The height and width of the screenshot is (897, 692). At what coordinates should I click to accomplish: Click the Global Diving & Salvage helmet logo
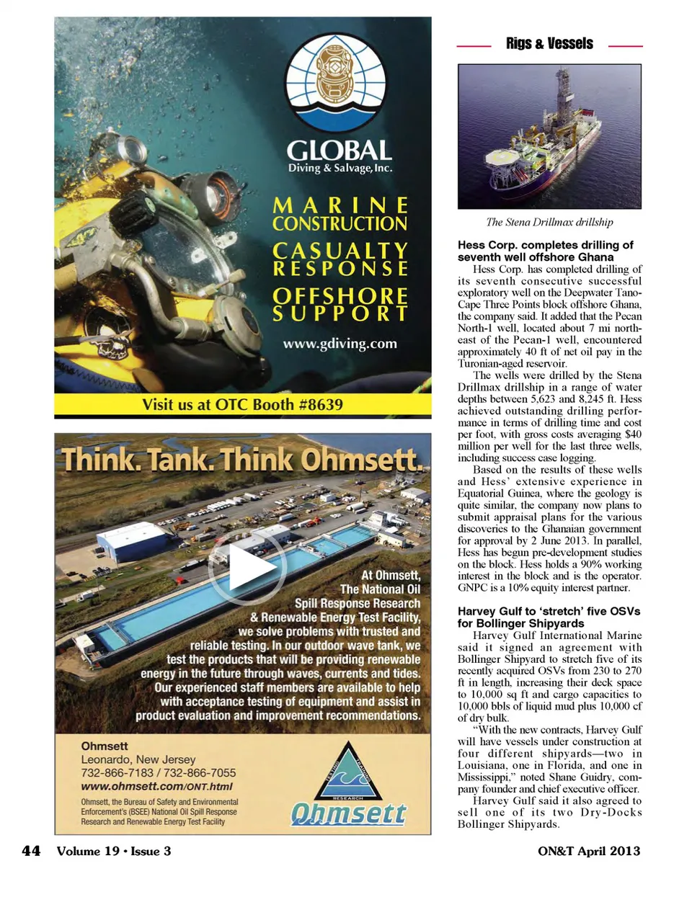point(339,79)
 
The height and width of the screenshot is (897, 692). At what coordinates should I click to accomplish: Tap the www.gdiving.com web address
point(340,344)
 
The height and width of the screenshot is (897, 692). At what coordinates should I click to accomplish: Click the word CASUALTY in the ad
point(340,250)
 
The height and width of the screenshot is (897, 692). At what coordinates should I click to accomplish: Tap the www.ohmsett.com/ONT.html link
point(156,787)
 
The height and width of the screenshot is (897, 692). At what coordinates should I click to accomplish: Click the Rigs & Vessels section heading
point(549,44)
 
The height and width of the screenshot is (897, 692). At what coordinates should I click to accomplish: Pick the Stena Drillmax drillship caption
point(549,222)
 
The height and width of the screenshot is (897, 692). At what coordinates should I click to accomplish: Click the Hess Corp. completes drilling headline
point(545,251)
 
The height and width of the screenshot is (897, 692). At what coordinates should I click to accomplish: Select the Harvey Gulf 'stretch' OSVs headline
point(549,617)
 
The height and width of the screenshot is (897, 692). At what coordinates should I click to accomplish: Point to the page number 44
point(31,851)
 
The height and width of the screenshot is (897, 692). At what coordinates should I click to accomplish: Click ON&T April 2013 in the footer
point(588,851)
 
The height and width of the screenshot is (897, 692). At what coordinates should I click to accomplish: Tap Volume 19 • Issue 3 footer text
point(114,851)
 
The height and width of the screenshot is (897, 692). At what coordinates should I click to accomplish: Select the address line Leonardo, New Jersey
point(138,759)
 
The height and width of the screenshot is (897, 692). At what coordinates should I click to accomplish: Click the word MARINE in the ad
point(340,205)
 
